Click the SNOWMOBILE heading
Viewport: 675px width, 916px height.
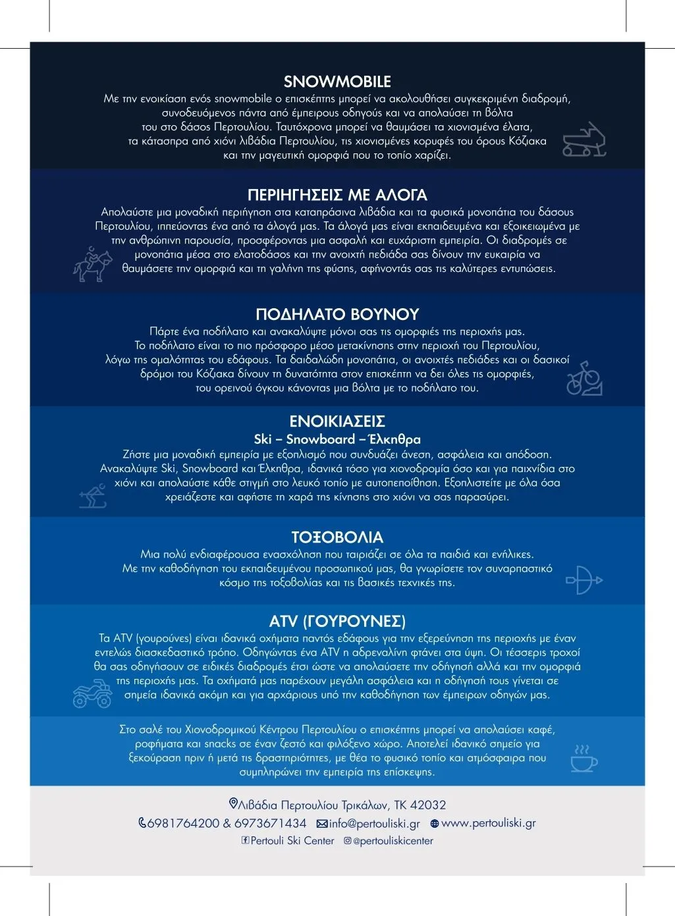click(337, 82)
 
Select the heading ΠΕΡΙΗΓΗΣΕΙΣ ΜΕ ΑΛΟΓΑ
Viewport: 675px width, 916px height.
click(337, 195)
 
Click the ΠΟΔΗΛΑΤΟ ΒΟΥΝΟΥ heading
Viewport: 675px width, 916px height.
click(337, 314)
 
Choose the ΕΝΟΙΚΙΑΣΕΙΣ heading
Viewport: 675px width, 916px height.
click(337, 421)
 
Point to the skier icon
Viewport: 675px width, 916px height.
click(93, 496)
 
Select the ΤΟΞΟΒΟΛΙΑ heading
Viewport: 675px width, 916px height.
click(337, 537)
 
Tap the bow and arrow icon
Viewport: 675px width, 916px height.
click(583, 580)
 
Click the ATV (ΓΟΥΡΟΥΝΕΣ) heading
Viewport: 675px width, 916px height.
click(337, 621)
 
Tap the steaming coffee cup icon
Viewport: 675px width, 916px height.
click(583, 759)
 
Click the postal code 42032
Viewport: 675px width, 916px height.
click(428, 805)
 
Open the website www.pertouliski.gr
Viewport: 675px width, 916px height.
click(488, 823)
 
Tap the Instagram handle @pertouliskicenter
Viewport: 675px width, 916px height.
click(393, 841)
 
